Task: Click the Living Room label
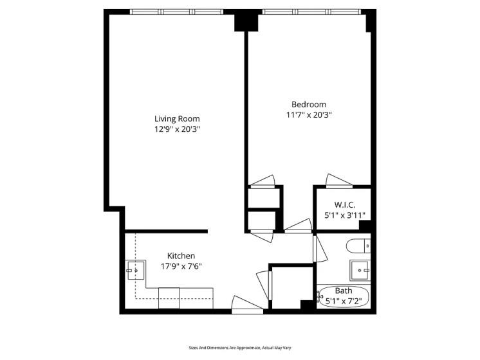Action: point(176,118)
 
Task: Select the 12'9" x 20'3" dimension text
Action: point(176,129)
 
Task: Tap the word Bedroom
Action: point(309,104)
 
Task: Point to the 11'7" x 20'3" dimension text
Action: point(309,115)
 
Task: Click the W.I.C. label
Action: point(344,204)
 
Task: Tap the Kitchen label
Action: point(181,255)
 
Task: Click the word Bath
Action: point(343,291)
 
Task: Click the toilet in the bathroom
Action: point(358,246)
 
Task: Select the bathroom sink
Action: point(360,269)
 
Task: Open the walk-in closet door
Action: point(337,180)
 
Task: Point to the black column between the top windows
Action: point(245,21)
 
